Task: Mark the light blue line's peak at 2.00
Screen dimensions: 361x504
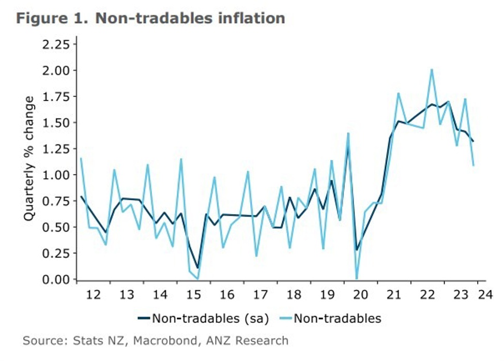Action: [431, 69]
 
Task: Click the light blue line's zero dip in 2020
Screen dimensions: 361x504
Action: [357, 279]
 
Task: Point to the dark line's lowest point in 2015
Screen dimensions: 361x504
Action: [197, 268]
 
